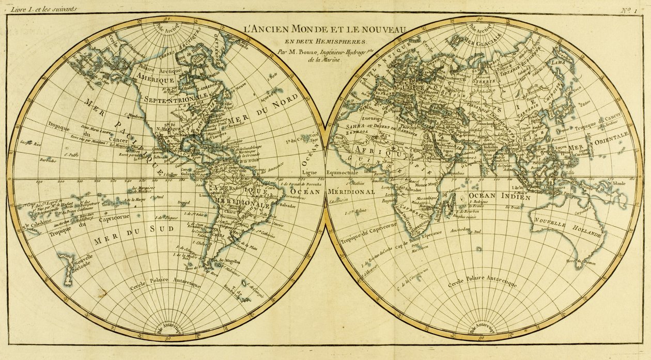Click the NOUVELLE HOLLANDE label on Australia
568,230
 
